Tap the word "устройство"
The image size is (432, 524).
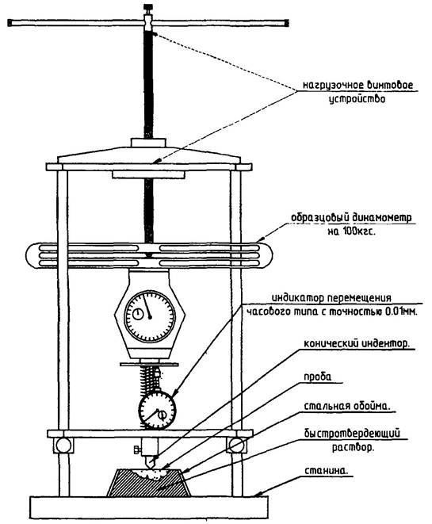357,99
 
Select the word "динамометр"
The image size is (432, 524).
381,217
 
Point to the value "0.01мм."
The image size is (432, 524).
401,312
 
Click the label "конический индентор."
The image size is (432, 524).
357,343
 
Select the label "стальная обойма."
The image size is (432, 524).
347,406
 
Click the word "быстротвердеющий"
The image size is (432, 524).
352,434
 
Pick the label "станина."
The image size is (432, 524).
326,471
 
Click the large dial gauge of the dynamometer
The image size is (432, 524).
150,316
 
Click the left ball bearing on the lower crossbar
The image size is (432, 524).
63,446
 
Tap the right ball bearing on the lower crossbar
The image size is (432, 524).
236,446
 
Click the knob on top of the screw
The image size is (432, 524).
148,6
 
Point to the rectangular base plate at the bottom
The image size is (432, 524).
149,508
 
